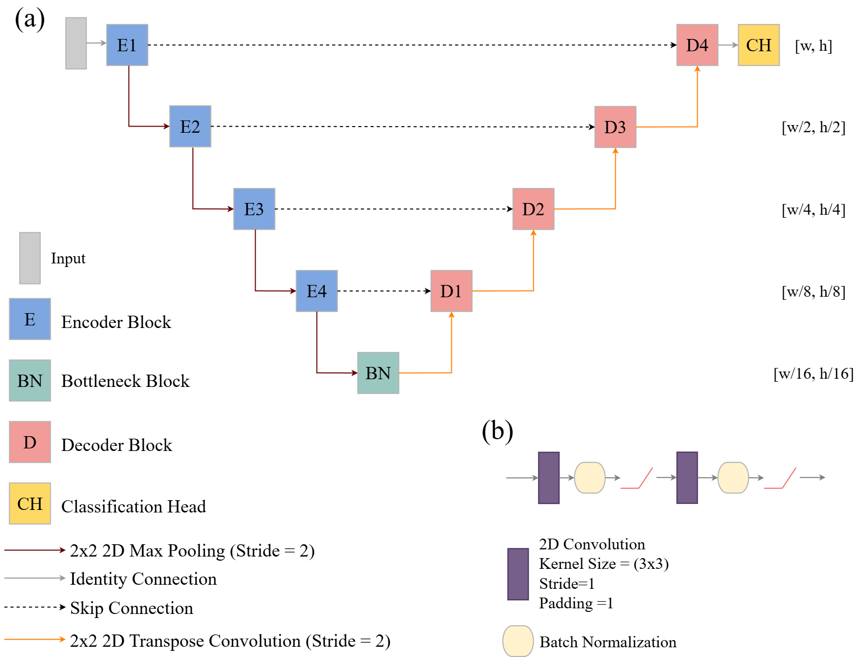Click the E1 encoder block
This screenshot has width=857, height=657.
point(127,45)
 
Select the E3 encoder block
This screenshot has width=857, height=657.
point(254,209)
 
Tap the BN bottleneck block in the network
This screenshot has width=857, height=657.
point(378,373)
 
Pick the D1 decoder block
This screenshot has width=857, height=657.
point(451,291)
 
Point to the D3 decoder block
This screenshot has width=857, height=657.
point(615,127)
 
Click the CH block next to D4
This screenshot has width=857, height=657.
point(759,45)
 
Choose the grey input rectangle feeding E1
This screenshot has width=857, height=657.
point(76,43)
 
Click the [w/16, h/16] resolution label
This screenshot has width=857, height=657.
point(813,374)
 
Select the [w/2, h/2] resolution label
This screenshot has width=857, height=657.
point(813,127)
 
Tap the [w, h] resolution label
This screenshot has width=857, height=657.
point(813,46)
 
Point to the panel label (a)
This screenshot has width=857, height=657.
point(30,19)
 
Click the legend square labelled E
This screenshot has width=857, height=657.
point(30,319)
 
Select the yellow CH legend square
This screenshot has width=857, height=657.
point(30,504)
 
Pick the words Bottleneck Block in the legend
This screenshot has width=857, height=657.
point(125,381)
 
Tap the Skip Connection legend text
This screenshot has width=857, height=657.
point(132,608)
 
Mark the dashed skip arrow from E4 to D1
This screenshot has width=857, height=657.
point(384,291)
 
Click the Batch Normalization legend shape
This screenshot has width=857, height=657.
point(518,641)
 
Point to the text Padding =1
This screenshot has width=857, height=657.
point(576,603)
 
